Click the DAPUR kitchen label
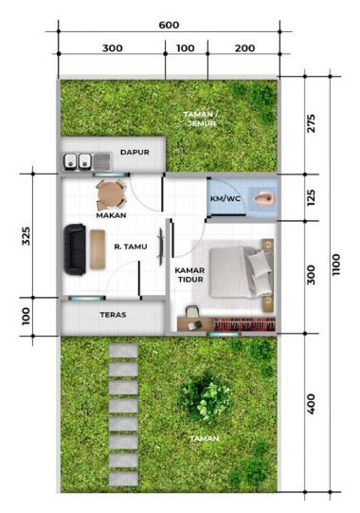click(135, 152)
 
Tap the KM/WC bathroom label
click(225, 198)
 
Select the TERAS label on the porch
click(113, 315)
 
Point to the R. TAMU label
click(131, 247)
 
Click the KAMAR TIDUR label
click(189, 275)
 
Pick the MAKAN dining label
click(111, 215)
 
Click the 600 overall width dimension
click(169, 26)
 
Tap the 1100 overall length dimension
click(336, 265)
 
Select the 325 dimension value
click(26, 236)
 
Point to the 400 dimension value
click(312, 404)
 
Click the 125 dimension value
click(312, 197)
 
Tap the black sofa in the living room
click(75, 249)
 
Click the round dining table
click(111, 194)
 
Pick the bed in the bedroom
click(242, 272)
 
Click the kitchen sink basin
click(102, 161)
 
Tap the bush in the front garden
click(207, 396)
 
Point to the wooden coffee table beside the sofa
click(98, 249)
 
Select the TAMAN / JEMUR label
click(200, 119)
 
